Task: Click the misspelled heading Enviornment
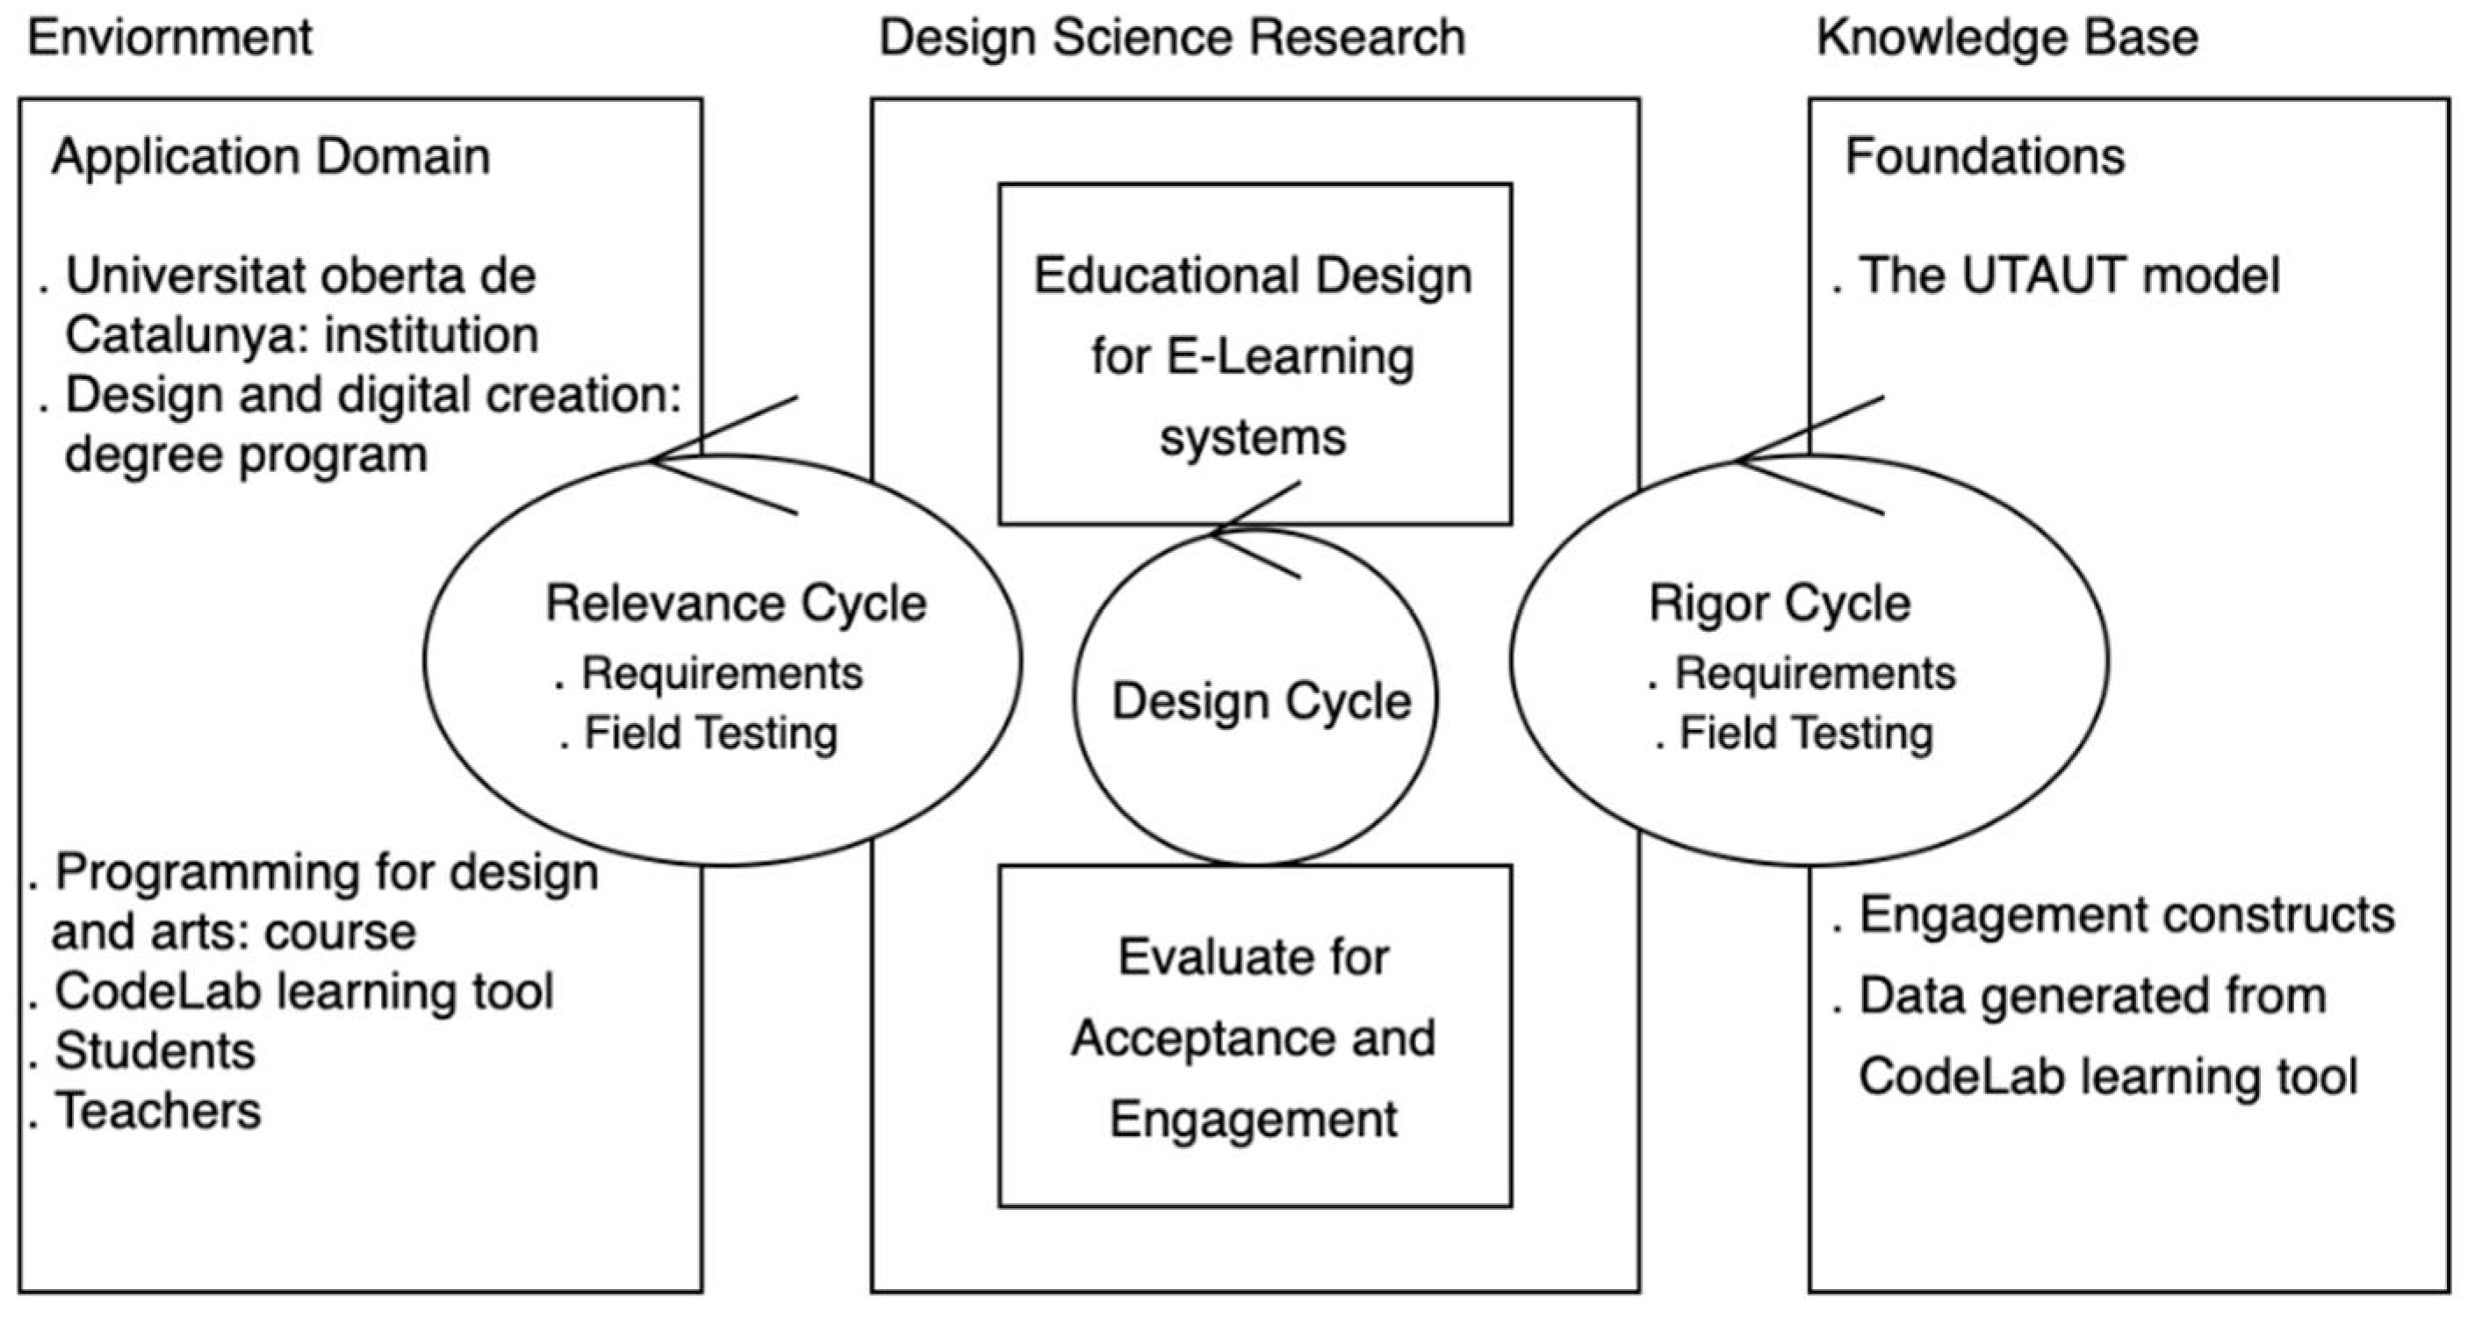pos(169,39)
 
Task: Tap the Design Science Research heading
pos(1172,39)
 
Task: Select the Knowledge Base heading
pos(2006,39)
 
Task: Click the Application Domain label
pos(271,156)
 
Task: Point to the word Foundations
pos(1984,156)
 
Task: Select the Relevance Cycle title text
pos(736,604)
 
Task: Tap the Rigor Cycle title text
pos(1779,604)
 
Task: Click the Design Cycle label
pos(1261,701)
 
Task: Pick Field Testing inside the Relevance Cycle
pos(710,734)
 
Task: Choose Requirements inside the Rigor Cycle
pos(1814,673)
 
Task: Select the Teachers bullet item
pos(157,1111)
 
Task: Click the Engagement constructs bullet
pos(2125,914)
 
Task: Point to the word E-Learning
pos(1290,357)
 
